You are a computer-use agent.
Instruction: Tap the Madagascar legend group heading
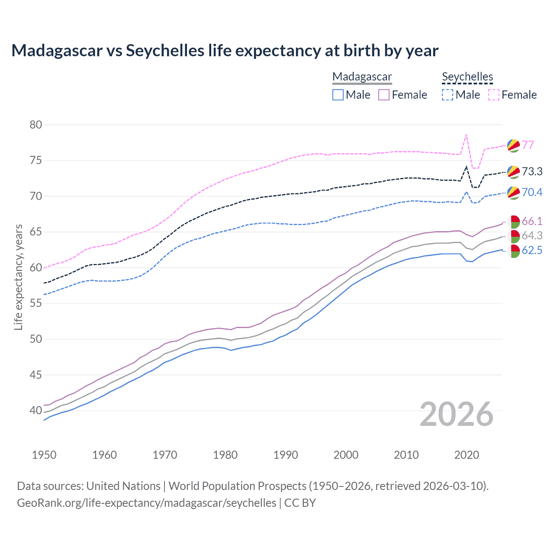[362, 77]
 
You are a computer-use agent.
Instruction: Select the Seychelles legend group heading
[467, 77]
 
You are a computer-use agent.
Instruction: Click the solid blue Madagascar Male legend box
[338, 95]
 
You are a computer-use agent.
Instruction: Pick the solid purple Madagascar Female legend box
[384, 95]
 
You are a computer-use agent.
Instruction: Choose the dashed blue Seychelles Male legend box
[448, 95]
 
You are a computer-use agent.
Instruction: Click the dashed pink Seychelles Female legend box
[494, 95]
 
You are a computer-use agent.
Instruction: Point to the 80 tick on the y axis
[36, 125]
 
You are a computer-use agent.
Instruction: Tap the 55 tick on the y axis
[36, 303]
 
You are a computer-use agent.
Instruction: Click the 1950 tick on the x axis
[44, 455]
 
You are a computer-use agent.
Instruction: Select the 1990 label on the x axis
[286, 455]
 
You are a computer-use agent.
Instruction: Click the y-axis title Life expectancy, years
[18, 277]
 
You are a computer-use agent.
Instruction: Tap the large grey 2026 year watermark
[457, 414]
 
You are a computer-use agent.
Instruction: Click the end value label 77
[528, 145]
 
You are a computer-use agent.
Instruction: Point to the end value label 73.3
[532, 172]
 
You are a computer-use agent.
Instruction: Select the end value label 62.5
[532, 251]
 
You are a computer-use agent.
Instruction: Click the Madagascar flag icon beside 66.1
[513, 222]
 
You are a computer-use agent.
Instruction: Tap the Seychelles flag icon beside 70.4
[513, 193]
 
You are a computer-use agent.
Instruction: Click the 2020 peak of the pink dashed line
[466, 135]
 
